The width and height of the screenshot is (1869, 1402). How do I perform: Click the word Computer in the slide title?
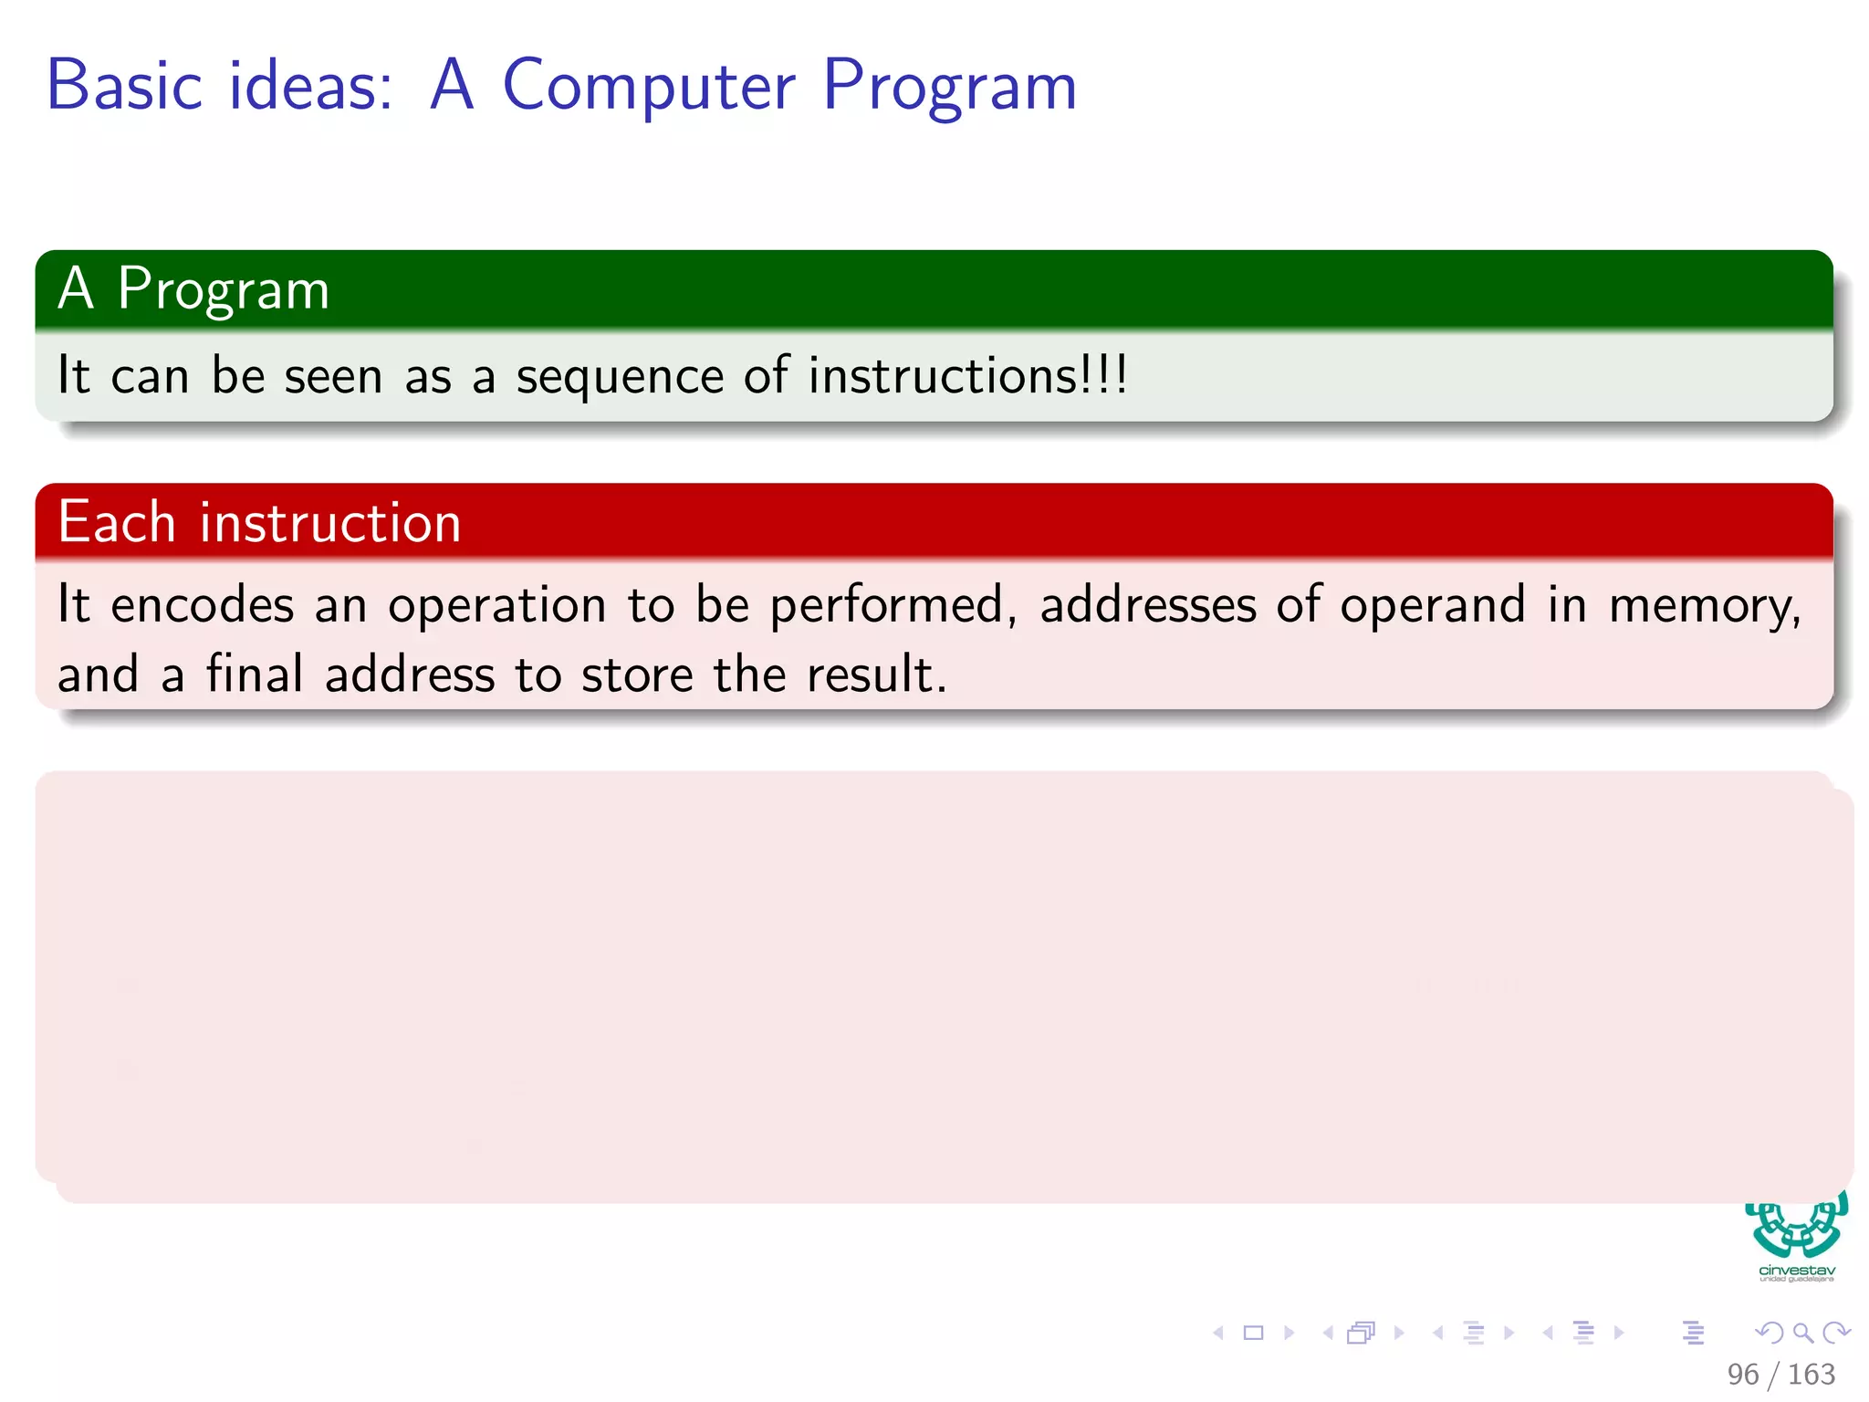point(649,86)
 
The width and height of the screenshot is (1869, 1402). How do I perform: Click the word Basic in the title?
point(124,86)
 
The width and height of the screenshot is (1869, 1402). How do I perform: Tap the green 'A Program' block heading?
point(193,289)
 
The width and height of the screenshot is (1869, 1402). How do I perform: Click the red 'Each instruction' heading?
point(259,523)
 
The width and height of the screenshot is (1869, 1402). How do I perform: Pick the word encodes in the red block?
point(202,605)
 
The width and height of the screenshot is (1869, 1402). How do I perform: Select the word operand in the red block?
point(1432,607)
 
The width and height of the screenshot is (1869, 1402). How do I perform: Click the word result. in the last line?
point(876,675)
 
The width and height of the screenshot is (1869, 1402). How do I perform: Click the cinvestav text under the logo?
point(1796,1271)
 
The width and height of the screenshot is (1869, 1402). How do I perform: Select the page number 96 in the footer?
point(1742,1374)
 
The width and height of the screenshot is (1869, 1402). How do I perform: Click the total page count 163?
point(1811,1374)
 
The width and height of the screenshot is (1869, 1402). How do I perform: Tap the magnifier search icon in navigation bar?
point(1802,1333)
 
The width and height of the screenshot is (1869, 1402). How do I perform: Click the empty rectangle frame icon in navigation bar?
point(1253,1333)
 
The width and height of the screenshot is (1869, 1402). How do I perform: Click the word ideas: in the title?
point(310,86)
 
